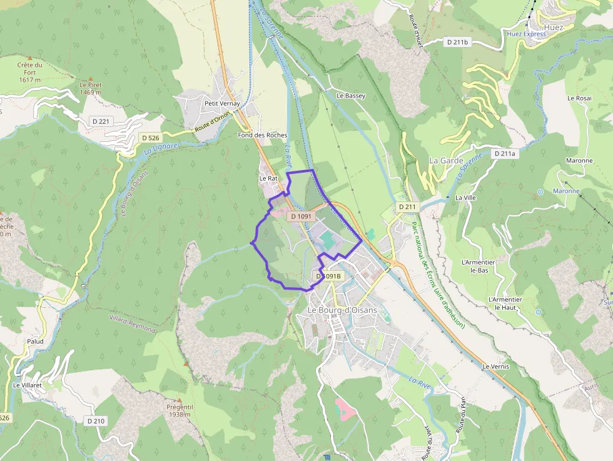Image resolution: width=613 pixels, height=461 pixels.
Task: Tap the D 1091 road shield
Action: coord(301,216)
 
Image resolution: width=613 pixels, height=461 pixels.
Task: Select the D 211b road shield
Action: coord(457,42)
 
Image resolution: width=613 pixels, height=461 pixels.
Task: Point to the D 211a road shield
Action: coord(504,153)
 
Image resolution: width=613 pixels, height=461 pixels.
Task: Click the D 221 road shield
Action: coord(99,120)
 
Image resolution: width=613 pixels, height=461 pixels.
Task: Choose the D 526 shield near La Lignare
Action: coord(150,138)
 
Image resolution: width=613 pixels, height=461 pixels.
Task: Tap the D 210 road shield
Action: coord(96,421)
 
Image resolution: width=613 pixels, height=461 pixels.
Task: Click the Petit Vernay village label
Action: coord(222,103)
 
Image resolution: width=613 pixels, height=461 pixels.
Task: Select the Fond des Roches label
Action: coord(263,135)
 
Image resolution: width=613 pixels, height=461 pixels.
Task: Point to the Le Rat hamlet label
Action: coord(268,178)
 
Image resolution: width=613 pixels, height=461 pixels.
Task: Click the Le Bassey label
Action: coord(351,96)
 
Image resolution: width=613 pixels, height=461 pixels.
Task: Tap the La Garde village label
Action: coord(446,161)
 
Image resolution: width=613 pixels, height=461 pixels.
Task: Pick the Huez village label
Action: coord(554,28)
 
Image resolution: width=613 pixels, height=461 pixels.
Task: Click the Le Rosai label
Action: coord(579,98)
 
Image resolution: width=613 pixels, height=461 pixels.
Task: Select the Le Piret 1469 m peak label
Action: coord(91,88)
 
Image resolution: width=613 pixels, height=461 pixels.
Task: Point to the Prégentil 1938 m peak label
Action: coord(179,410)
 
